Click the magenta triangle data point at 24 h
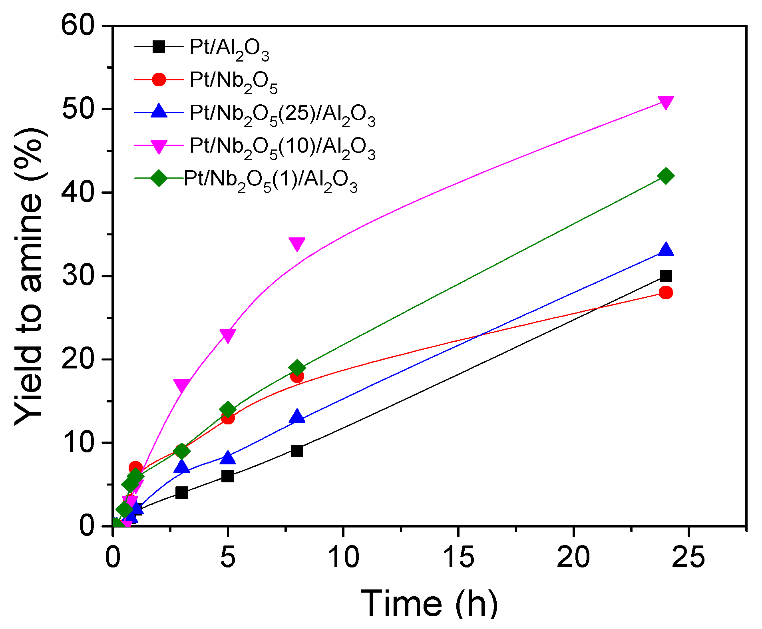665,102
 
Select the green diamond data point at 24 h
665,176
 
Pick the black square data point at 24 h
665,276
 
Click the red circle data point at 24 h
665,293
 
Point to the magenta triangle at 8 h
297,243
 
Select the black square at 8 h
297,451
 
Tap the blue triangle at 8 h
297,417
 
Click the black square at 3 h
182,492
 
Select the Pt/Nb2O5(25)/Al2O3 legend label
282,114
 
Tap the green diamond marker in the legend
159,177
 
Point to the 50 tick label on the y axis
78,109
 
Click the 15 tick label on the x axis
458,557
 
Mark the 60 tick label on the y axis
78,26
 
